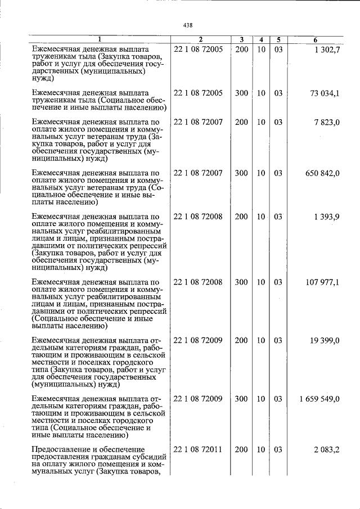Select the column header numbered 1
(100, 39)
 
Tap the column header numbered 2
(200, 39)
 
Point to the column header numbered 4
(261, 39)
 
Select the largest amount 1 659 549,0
(319, 399)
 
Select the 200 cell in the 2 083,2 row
(241, 450)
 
